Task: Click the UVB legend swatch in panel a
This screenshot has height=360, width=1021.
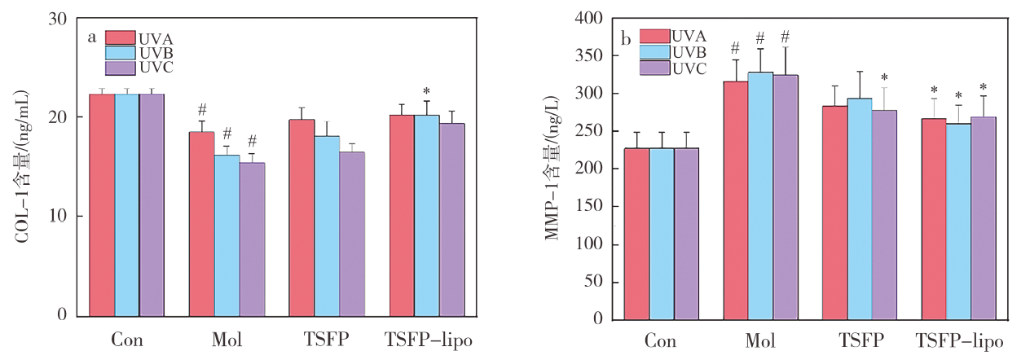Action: (120, 53)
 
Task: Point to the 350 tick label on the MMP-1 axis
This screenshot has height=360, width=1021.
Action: (601, 56)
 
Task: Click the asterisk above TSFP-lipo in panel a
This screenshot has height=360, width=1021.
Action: (426, 91)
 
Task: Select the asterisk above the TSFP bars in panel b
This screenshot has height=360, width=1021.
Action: (884, 77)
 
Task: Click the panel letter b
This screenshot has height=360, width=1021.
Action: (627, 38)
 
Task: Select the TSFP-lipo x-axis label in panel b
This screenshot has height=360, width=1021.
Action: (958, 340)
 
